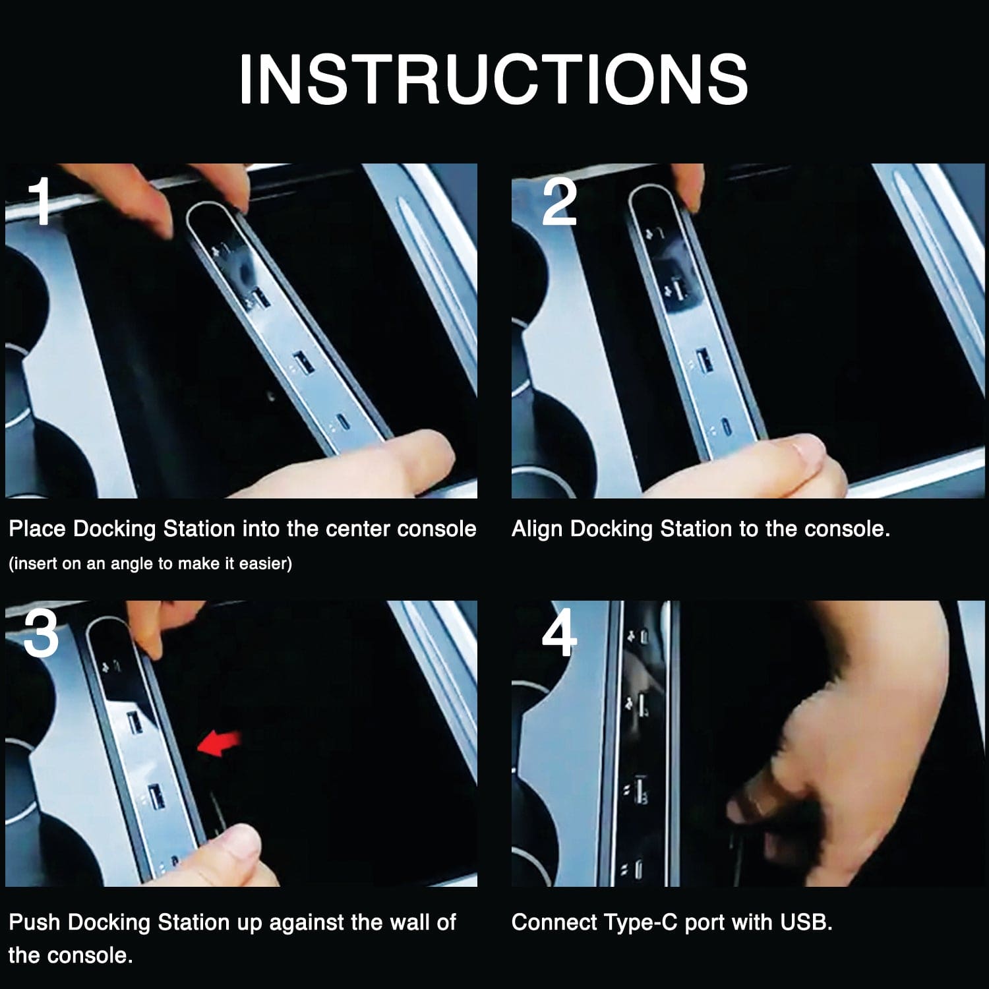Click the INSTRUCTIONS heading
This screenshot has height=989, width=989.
pyautogui.click(x=493, y=79)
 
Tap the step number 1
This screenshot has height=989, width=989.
pyautogui.click(x=41, y=201)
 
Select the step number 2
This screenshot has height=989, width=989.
pyautogui.click(x=559, y=201)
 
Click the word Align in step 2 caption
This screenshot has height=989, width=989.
pyautogui.click(x=537, y=529)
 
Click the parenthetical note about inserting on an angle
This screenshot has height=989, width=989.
pyautogui.click(x=150, y=564)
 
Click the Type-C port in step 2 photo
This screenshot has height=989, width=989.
pyautogui.click(x=725, y=428)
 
